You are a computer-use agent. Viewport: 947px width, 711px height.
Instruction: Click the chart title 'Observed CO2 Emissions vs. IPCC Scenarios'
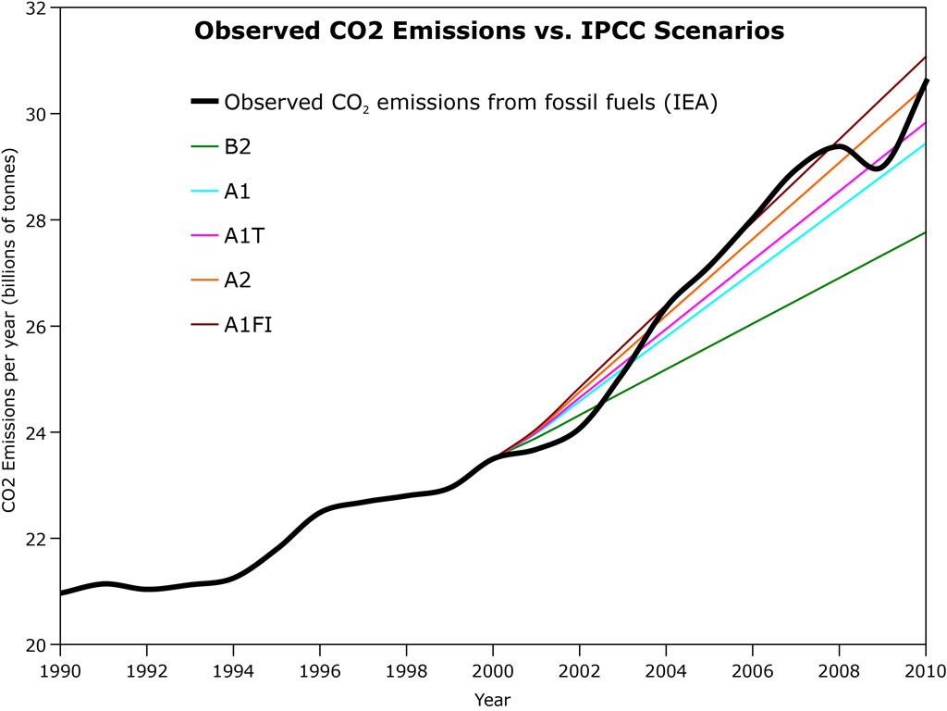point(488,31)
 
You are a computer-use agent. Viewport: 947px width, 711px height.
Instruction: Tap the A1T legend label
point(243,235)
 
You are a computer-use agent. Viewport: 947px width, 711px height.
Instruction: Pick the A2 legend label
point(237,281)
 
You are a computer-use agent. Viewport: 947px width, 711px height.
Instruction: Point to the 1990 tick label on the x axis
point(61,669)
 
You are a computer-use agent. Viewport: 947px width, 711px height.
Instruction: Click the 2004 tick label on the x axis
point(666,669)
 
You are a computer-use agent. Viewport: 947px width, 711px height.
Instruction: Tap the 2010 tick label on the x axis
point(925,669)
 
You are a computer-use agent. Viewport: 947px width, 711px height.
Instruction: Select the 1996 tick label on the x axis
point(320,669)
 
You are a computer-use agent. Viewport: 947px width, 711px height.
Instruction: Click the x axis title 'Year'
point(492,698)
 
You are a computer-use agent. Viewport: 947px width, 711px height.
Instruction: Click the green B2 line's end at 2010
point(925,232)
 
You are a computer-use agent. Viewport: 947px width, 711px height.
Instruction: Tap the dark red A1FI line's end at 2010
point(925,57)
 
